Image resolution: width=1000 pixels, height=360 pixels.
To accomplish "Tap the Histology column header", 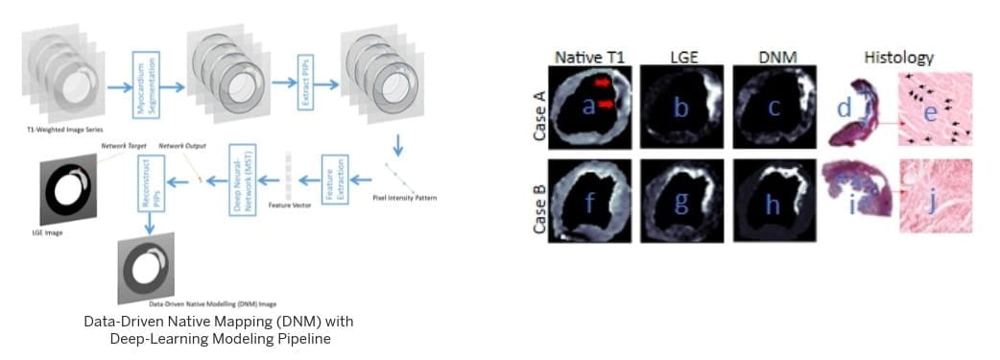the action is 899,57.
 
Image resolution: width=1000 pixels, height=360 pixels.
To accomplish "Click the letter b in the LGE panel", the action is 680,108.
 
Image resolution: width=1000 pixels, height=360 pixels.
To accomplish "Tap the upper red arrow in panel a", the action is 603,84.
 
